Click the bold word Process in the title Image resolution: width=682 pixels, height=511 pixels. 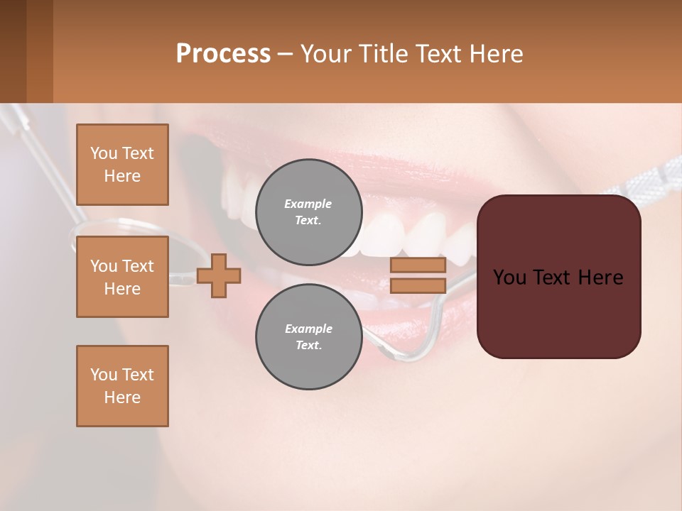(x=223, y=53)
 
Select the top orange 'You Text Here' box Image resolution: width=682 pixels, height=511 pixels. (x=122, y=165)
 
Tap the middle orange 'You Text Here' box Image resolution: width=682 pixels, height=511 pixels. (x=122, y=277)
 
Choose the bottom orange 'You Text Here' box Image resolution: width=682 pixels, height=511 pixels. (x=122, y=385)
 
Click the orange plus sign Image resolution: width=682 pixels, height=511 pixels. (x=219, y=275)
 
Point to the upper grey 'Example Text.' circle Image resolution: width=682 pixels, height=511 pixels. (x=308, y=212)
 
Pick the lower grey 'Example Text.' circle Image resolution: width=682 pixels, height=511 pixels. (x=308, y=337)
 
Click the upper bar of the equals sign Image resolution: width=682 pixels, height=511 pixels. (x=418, y=265)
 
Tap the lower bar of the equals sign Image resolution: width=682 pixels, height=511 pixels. (x=418, y=285)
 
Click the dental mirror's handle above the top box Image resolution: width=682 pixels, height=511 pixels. (x=36, y=153)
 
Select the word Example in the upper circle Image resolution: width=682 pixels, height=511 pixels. (x=308, y=204)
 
